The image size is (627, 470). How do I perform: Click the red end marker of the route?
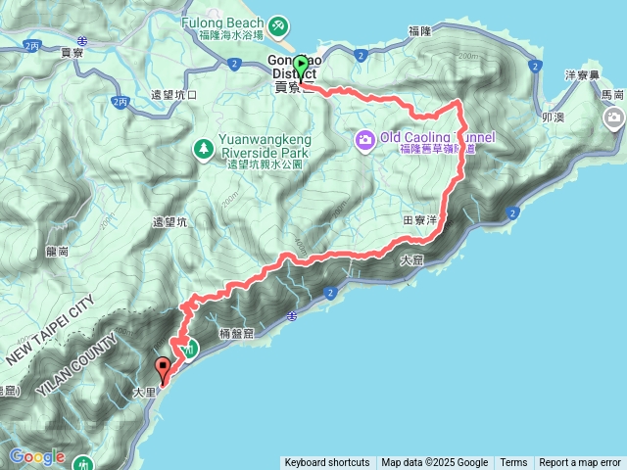point(164,369)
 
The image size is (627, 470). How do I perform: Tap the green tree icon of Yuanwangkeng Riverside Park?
point(204,148)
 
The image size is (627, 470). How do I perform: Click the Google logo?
point(36,456)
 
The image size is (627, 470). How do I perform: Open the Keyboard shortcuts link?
point(327,463)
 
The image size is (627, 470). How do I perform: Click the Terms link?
point(513,463)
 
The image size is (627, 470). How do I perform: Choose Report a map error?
point(580,463)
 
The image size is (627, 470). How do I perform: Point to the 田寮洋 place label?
point(418,221)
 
